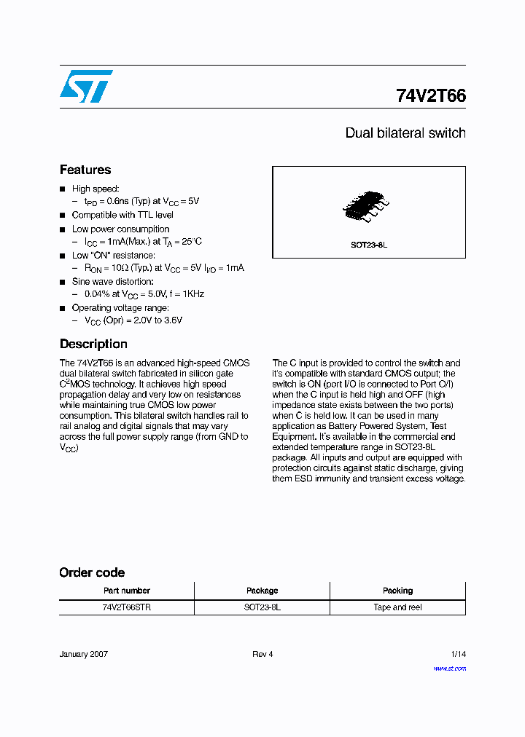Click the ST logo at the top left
86,86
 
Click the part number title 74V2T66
430,95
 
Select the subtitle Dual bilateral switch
405,133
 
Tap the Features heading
85,170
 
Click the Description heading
93,344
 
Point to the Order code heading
92,572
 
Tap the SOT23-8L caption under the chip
369,245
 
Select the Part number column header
127,591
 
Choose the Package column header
262,591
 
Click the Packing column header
397,591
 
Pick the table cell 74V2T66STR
127,607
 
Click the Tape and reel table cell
397,607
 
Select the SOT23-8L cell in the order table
262,607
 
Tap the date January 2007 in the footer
84,654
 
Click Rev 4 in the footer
262,654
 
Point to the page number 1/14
458,654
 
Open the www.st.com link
449,668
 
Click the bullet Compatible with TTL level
122,215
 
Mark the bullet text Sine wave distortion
112,281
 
